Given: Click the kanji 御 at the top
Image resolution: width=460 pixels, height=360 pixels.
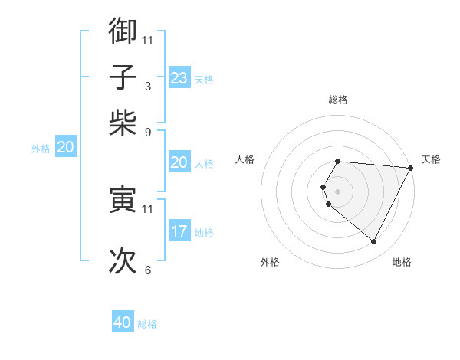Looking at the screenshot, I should coord(123,31).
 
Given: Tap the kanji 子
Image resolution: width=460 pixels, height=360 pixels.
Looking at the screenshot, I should coord(123,77).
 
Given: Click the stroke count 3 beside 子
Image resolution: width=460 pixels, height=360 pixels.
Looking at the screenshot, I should coord(148,86).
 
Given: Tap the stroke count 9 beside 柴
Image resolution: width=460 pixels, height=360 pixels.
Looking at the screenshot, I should coord(148,131).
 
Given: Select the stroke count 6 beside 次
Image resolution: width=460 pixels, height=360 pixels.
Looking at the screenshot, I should coord(148,270).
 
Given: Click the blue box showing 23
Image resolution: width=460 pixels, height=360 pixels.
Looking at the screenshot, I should coord(179,78).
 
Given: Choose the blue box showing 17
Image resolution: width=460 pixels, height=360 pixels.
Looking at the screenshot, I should coord(179,231).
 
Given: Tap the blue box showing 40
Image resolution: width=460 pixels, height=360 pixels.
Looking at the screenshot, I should coord(123,323).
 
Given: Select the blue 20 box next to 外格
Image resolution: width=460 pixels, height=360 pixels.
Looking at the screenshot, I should coord(65,148).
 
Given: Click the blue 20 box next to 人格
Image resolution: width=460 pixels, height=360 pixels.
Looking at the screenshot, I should coord(179,162).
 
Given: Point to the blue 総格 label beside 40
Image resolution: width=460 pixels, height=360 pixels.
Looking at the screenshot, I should coord(148,324).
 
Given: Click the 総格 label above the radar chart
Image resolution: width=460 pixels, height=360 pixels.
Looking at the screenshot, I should coord(338,100).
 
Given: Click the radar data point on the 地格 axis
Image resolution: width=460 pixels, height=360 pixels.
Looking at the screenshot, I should coord(374,242).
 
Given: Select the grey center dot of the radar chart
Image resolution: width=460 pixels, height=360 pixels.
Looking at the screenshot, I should coord(338,191).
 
